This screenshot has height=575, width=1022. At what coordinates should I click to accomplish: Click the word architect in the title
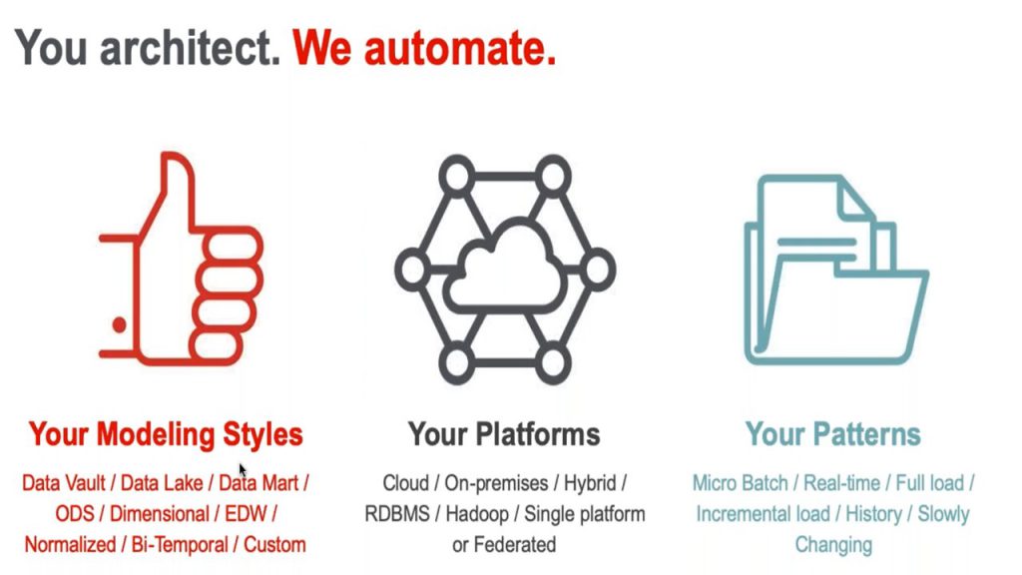tap(190, 48)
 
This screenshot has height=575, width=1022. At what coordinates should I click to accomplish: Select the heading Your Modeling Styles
tap(166, 435)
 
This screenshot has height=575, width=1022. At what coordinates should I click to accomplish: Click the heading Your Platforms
tap(504, 434)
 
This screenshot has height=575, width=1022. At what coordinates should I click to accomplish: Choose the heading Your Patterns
tap(833, 434)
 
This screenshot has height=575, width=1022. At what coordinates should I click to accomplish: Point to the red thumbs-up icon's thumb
tap(176, 189)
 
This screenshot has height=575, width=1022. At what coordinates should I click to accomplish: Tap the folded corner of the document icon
tap(855, 199)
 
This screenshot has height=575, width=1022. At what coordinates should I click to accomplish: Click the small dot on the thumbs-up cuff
tap(120, 324)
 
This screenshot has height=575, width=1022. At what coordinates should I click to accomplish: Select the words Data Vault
tap(63, 483)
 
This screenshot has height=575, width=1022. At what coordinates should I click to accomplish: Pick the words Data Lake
tap(162, 483)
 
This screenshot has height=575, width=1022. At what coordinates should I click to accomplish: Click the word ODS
tap(74, 514)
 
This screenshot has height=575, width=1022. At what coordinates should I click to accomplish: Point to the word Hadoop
tap(477, 514)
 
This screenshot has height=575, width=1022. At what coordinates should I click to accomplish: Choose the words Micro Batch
tap(740, 483)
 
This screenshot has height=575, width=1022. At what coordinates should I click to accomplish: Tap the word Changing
tap(833, 545)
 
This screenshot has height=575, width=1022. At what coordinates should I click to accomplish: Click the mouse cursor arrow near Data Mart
tap(242, 469)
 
